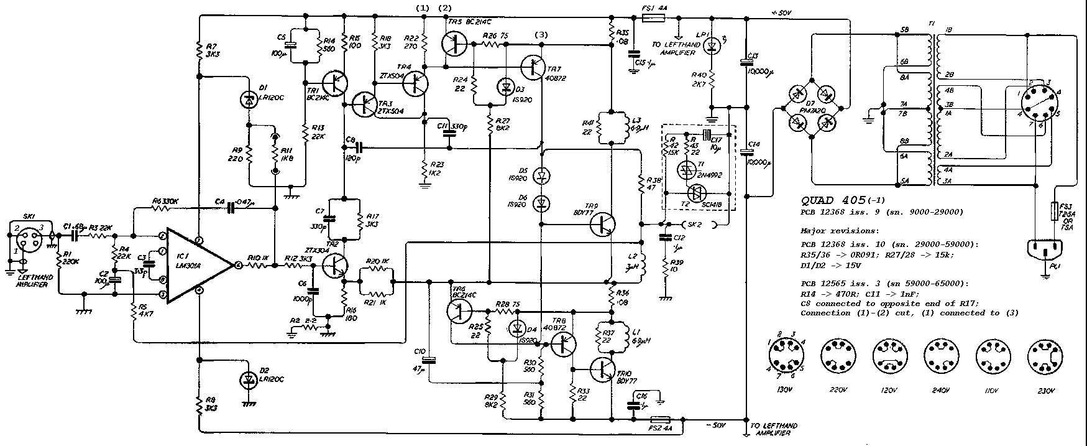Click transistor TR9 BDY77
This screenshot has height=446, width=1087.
click(600, 224)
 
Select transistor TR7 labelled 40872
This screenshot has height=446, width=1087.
click(533, 67)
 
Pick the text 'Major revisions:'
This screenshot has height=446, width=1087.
click(835, 230)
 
